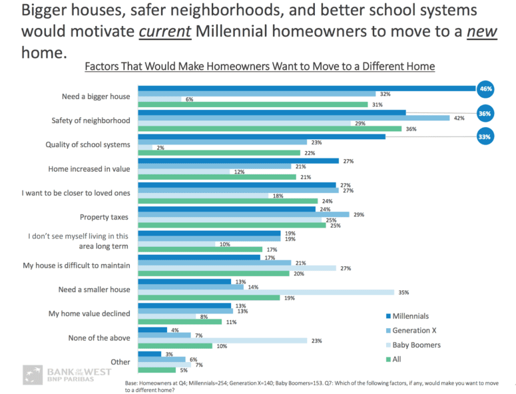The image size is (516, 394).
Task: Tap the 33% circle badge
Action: click(485, 137)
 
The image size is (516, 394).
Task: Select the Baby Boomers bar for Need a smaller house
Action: click(266, 292)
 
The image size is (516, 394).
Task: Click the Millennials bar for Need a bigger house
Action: click(306, 89)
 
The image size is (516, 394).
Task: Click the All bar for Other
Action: click(156, 370)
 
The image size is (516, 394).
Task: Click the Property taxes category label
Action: click(105, 217)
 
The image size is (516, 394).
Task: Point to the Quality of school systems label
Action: click(87, 144)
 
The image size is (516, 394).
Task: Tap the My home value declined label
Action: click(89, 313)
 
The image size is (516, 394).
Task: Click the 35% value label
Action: click(403, 292)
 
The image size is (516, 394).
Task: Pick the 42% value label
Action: click(458, 118)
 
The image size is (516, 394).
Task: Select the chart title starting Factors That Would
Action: click(260, 67)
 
